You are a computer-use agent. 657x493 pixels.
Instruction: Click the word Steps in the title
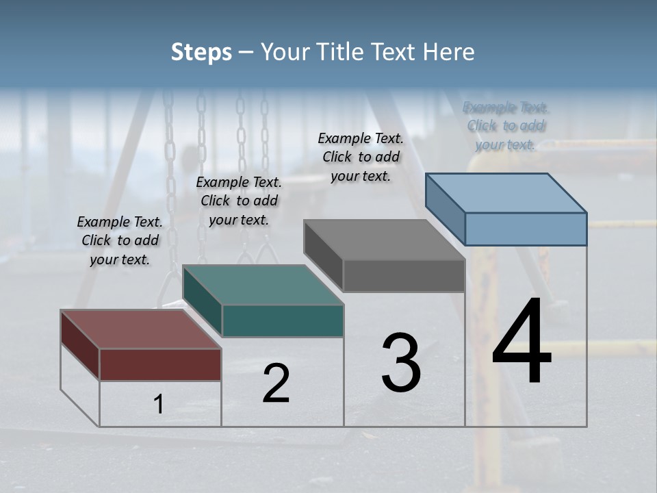(x=201, y=52)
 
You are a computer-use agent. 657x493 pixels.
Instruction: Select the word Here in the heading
(x=449, y=52)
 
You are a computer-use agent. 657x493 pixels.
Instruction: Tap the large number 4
(x=521, y=342)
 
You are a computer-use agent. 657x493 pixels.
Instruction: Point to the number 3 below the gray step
(x=401, y=363)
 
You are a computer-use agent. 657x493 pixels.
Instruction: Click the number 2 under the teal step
(x=276, y=383)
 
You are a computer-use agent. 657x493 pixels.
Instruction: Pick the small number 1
(x=159, y=405)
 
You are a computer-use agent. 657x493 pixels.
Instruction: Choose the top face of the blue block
(x=506, y=192)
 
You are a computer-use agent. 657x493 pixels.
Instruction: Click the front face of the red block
(x=160, y=364)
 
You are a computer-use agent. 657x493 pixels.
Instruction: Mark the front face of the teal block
(x=283, y=320)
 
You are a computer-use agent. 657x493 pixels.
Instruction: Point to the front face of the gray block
(x=404, y=275)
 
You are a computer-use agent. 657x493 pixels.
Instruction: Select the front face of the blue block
(x=526, y=229)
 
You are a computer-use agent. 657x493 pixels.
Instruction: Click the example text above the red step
(x=120, y=240)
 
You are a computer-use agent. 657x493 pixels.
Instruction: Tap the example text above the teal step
(x=239, y=201)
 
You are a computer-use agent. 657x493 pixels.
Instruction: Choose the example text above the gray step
(x=361, y=157)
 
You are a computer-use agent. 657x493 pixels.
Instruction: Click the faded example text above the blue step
(x=506, y=125)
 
